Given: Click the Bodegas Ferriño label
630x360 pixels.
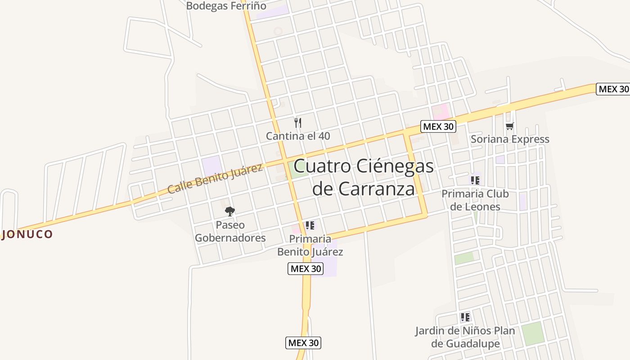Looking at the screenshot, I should pos(226,6).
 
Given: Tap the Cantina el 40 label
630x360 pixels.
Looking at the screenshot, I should pos(298,135).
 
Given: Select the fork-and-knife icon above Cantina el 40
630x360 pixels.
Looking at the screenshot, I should pos(297,122).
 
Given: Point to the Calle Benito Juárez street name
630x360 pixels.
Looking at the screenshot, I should pos(215,179).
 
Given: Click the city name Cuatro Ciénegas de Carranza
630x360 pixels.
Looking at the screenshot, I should pos(364,177).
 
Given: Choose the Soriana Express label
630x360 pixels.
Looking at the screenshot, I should pos(510,139).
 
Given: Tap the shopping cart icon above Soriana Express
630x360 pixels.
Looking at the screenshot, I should pos(509,126).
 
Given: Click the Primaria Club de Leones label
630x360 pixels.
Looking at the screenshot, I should pos(475,200).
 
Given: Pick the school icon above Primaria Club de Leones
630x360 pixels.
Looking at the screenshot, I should pos(475,180).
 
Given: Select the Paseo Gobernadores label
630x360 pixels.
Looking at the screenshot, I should pos(230,231).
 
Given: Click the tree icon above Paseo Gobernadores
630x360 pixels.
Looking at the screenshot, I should pos(230,211).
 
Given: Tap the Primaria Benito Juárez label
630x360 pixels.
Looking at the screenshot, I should pos(310,245).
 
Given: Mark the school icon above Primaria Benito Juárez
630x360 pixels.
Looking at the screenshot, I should pos(310,225).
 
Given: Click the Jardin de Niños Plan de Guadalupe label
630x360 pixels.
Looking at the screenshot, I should pos(465,337).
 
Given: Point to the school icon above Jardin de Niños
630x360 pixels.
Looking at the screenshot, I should pos(465,317).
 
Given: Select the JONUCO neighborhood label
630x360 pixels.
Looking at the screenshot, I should pos(27,234).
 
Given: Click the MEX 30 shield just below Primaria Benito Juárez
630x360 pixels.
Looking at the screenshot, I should pos(306,269).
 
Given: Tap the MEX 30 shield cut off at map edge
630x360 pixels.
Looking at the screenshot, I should pos(613,89).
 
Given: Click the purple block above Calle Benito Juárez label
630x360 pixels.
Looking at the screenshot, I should pos(211,166).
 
